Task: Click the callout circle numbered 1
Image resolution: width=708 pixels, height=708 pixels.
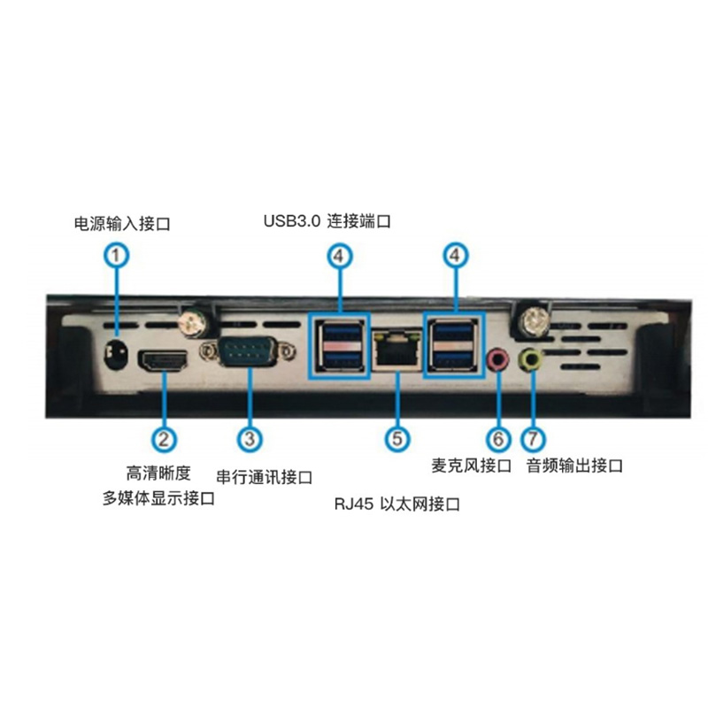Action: [117, 256]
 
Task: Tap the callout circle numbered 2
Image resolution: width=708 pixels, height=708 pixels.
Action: [164, 439]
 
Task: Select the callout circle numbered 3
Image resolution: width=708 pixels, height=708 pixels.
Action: [250, 439]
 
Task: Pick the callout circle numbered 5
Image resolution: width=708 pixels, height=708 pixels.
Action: [397, 439]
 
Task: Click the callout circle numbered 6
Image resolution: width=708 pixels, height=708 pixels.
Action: [498, 439]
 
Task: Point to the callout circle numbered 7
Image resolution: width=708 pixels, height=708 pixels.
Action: [534, 439]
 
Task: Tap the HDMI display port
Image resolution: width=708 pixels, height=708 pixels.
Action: [164, 360]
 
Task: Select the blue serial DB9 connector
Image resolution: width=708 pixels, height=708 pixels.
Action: [249, 350]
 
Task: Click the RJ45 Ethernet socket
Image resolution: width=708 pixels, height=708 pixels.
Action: [396, 350]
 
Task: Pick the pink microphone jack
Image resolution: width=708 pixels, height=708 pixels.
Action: [498, 359]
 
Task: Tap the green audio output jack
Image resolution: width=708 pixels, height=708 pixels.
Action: [530, 359]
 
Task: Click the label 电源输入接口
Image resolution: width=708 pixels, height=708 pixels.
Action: [122, 224]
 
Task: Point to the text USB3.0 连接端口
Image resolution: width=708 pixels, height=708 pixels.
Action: [327, 221]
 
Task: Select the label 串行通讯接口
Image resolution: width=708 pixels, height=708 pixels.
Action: [264, 477]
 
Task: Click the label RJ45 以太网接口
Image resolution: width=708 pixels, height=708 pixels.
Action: [396, 504]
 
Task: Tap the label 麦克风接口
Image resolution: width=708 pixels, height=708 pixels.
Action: [472, 466]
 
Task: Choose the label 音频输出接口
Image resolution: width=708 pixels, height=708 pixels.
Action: [574, 466]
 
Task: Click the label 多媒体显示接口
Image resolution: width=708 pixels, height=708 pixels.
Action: [158, 498]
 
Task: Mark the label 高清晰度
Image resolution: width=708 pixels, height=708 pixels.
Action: [158, 473]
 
